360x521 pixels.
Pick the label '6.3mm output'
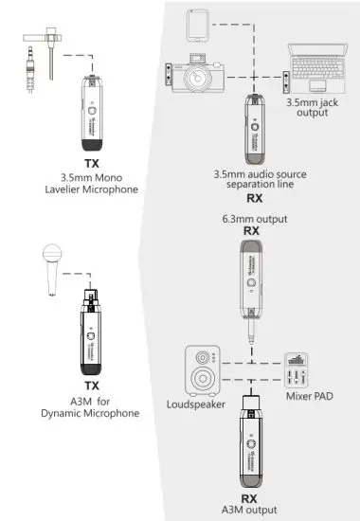pos(251,219)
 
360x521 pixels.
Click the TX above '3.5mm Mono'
pos(92,163)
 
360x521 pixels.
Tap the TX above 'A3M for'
pos(92,386)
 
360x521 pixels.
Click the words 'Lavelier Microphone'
pos(91,189)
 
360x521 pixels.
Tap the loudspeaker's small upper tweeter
pos(202,357)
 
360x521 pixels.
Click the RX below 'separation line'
pos(254,200)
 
